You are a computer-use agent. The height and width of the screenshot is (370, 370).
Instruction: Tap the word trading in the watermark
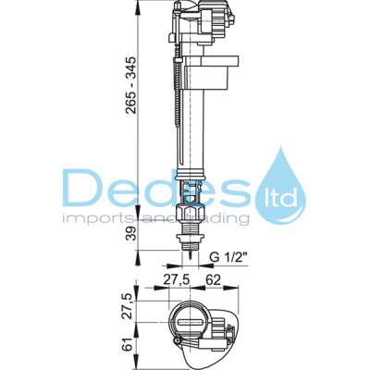[222, 219]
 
